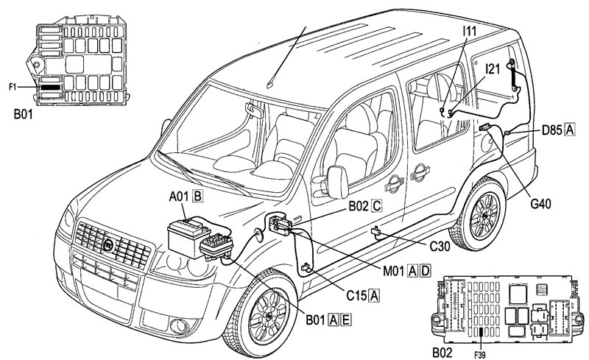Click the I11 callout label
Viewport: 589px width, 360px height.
click(470, 31)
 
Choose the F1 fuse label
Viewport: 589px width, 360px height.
click(13, 87)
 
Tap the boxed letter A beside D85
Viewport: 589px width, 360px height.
click(569, 131)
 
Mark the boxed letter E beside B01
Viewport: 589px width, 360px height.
click(345, 319)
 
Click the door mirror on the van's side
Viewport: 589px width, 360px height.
click(338, 182)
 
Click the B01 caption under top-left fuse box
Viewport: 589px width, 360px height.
click(25, 115)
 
